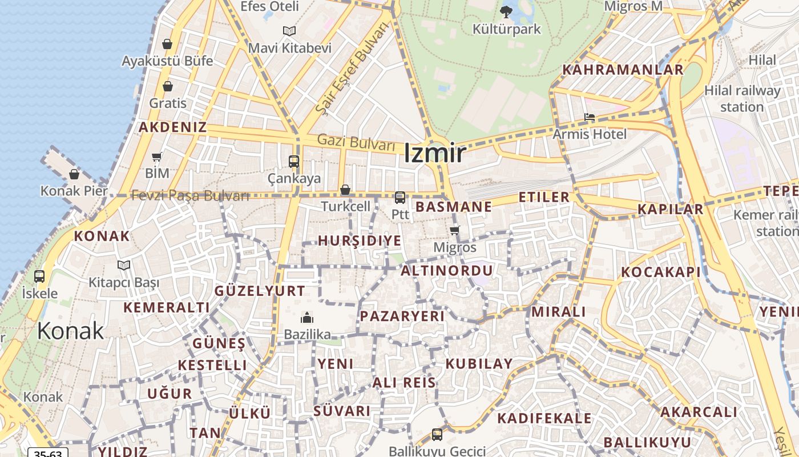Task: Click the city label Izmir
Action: pyautogui.click(x=435, y=153)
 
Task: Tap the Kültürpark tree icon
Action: pyautogui.click(x=506, y=11)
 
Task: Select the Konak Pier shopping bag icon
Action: pyautogui.click(x=74, y=174)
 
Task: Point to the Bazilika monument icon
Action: pyautogui.click(x=307, y=318)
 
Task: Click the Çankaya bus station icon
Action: pyautogui.click(x=294, y=162)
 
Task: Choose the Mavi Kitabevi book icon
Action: pyautogui.click(x=289, y=31)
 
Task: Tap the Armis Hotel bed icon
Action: pyautogui.click(x=590, y=117)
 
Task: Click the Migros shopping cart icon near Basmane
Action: pyautogui.click(x=454, y=231)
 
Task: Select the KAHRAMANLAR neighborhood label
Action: pyautogui.click(x=623, y=70)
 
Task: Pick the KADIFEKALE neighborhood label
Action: pyautogui.click(x=544, y=418)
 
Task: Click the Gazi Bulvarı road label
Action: pyautogui.click(x=356, y=142)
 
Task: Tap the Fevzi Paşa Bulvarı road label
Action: pyautogui.click(x=190, y=195)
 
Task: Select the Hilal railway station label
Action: pyautogui.click(x=742, y=98)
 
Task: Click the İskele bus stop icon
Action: pyautogui.click(x=39, y=276)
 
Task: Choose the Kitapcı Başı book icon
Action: pyautogui.click(x=124, y=265)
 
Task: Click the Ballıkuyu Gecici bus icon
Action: pyautogui.click(x=437, y=434)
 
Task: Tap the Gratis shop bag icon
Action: pyautogui.click(x=168, y=86)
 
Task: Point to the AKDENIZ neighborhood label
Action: pyautogui.click(x=172, y=127)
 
